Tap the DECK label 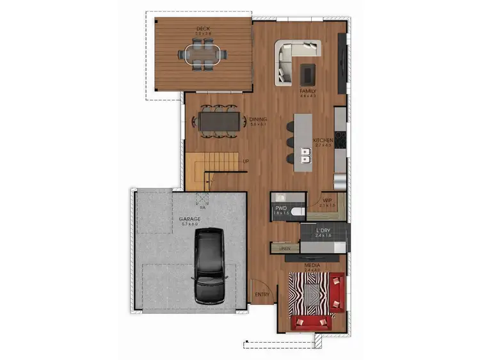pos(204,29)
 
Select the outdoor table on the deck pos(204,54)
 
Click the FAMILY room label pos(308,91)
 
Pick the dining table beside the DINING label pos(220,120)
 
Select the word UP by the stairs pos(246,161)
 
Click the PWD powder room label pos(280,208)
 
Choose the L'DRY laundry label pos(323,230)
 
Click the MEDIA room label pos(313,265)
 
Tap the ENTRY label pos(262,295)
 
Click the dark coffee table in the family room pos(308,74)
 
